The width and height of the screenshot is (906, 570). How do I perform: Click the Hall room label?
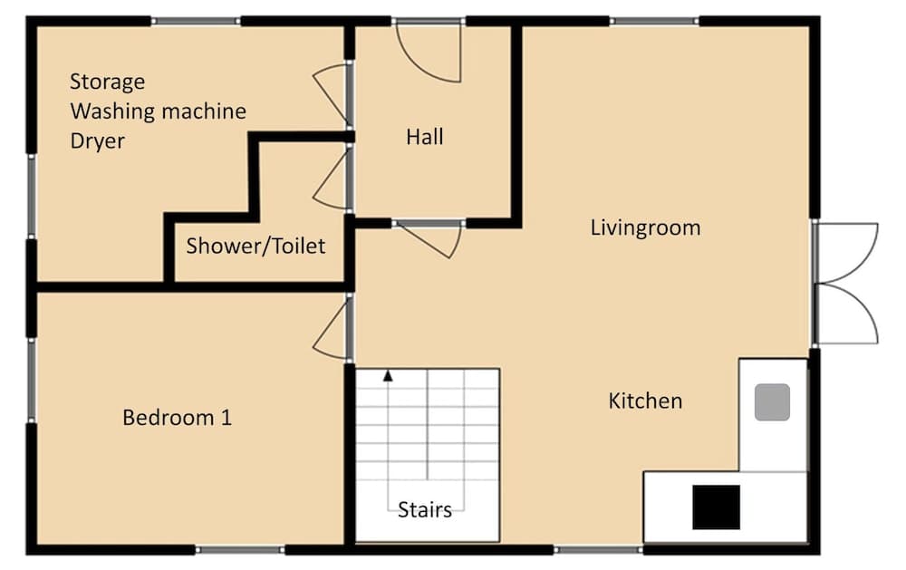pyautogui.click(x=425, y=137)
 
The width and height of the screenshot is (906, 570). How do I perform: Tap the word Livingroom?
pyautogui.click(x=645, y=227)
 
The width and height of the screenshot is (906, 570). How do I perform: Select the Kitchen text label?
pyautogui.click(x=645, y=400)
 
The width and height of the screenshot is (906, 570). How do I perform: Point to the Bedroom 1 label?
pyautogui.click(x=177, y=418)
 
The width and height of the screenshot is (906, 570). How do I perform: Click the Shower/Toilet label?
pyautogui.click(x=255, y=246)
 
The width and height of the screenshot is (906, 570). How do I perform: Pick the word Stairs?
pyautogui.click(x=425, y=509)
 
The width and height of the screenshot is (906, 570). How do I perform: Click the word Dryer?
pyautogui.click(x=97, y=141)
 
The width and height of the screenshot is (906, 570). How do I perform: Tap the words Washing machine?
pyautogui.click(x=158, y=111)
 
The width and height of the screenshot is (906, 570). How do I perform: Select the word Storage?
pyautogui.click(x=107, y=82)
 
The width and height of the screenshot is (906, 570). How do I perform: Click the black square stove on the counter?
pyautogui.click(x=716, y=507)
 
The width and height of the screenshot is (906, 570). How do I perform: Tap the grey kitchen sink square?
pyautogui.click(x=772, y=401)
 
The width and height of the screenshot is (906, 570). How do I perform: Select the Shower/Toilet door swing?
pyautogui.click(x=333, y=179)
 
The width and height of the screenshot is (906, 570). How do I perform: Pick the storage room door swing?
pyautogui.click(x=333, y=94)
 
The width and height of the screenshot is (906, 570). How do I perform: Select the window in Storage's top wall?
pyautogui.click(x=196, y=21)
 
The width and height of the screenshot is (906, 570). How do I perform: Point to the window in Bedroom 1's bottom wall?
pyautogui.click(x=240, y=549)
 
